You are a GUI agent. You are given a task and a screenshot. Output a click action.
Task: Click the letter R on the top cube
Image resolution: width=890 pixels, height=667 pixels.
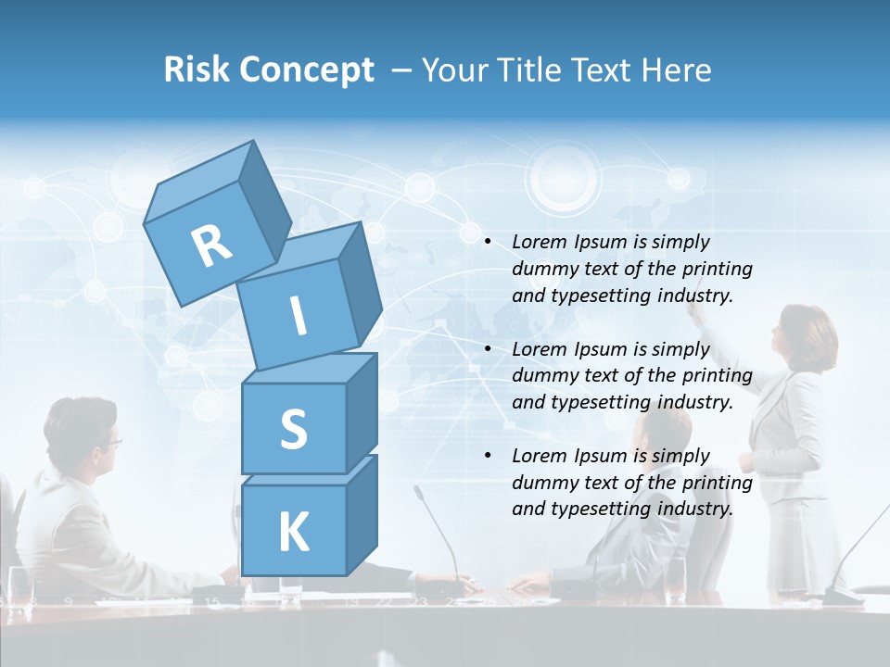point(211,245)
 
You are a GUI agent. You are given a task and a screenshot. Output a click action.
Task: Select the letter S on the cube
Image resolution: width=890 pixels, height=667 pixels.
point(293,429)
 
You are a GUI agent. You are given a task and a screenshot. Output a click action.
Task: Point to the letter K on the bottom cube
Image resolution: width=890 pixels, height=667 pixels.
point(293,533)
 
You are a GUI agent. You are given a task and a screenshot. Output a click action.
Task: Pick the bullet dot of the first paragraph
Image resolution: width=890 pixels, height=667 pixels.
point(488,242)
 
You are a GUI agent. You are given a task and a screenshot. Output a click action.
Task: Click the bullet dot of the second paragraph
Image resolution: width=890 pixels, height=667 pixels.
point(488,349)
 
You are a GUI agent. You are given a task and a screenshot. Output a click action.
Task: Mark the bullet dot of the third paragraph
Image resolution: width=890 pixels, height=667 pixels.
point(488,456)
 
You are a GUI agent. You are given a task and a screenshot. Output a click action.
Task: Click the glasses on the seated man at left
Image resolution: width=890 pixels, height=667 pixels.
point(110,443)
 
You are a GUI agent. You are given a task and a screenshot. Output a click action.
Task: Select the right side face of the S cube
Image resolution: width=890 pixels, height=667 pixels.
point(362,412)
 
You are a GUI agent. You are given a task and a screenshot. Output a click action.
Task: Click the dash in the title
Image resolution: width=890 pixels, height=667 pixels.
point(402,70)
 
